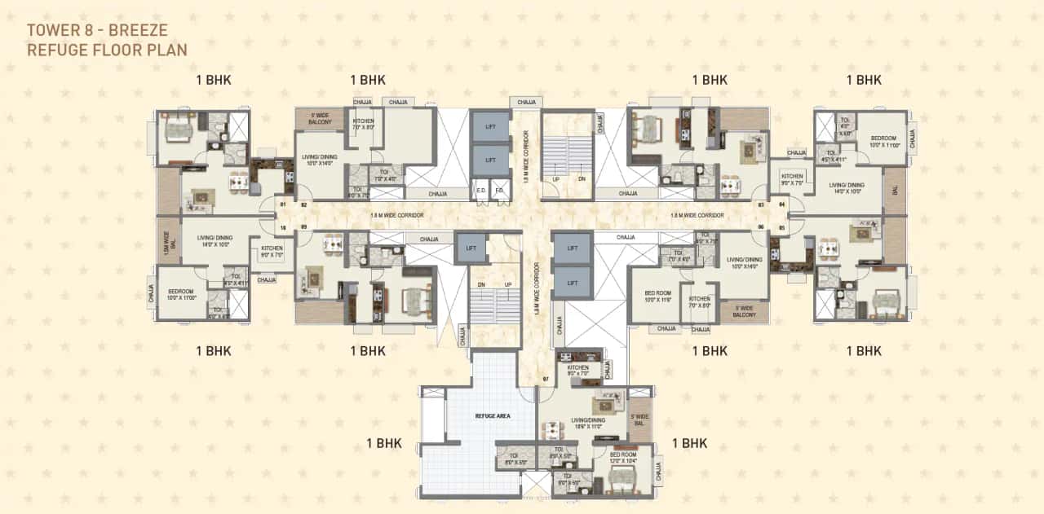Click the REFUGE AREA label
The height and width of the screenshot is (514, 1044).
coord(493,415)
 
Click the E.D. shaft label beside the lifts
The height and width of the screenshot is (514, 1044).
coord(481,192)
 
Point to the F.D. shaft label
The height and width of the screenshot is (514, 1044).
coord(499,192)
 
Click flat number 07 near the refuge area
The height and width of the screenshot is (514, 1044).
coord(546,380)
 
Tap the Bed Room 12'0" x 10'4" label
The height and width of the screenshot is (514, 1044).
coord(623,457)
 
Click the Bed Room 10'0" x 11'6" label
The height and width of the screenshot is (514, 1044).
coord(657,296)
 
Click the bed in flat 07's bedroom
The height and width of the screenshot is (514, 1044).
coord(617,485)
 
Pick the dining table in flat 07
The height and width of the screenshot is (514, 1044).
coord(553,429)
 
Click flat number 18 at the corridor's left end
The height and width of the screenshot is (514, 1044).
coord(282,228)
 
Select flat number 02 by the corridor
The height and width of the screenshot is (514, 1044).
coord(303,205)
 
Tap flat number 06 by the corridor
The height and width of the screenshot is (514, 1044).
coord(760,227)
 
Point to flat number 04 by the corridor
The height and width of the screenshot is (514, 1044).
coord(781,204)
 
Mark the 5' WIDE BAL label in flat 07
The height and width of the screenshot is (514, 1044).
coord(639,420)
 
